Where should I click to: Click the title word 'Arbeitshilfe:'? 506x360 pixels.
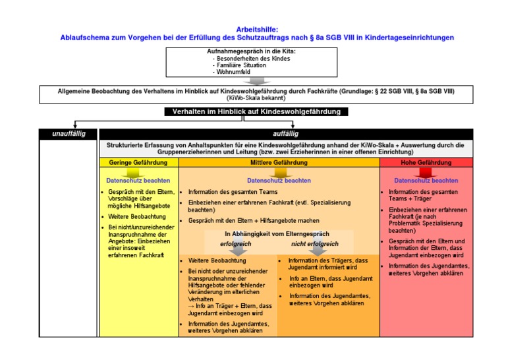(x=256, y=30)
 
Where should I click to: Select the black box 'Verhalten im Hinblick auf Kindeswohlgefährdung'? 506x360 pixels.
(x=256, y=112)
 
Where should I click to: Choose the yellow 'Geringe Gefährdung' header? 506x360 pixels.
(x=137, y=162)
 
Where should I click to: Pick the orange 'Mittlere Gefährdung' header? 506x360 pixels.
(x=279, y=162)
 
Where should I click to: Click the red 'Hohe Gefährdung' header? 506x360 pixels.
(x=426, y=162)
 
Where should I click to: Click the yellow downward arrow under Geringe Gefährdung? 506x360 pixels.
(x=137, y=171)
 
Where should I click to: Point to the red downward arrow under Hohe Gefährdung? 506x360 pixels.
(x=426, y=171)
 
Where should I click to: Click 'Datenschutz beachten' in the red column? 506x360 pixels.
(x=426, y=180)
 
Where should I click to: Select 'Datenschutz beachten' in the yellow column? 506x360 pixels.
(x=138, y=180)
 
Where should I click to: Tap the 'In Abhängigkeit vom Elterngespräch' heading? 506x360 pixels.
(x=277, y=233)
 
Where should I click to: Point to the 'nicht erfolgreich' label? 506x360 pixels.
(x=315, y=244)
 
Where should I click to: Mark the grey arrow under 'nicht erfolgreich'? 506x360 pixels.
(x=318, y=251)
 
